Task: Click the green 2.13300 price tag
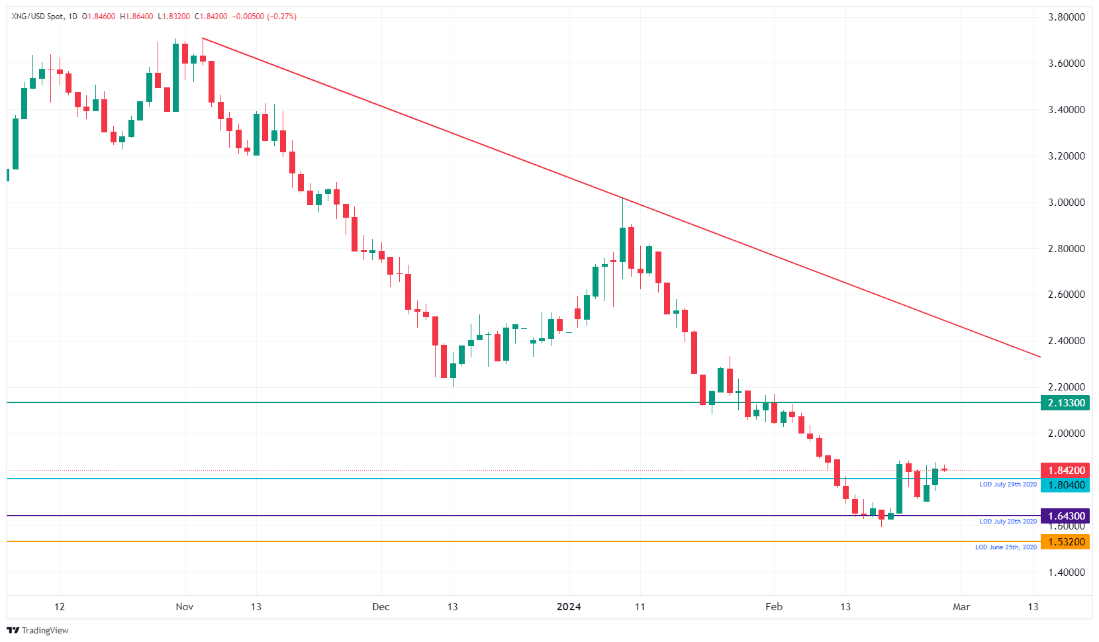tap(1065, 403)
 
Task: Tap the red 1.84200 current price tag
tap(1065, 471)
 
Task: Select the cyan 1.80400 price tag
tap(1065, 485)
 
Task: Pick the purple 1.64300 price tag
tap(1065, 516)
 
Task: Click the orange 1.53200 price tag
tap(1065, 542)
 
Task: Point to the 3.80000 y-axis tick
tap(1066, 17)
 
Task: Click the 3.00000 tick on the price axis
tap(1066, 203)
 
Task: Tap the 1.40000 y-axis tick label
tap(1066, 573)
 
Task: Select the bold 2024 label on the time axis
tap(569, 607)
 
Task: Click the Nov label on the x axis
tap(185, 607)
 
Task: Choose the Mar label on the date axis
tap(961, 607)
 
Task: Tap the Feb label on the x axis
tap(774, 607)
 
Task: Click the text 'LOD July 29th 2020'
tap(1008, 484)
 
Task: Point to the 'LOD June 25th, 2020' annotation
tap(1006, 547)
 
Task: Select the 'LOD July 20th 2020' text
tap(1008, 522)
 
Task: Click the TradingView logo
tap(38, 630)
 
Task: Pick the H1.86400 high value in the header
tap(136, 17)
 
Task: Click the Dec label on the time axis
tap(381, 607)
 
